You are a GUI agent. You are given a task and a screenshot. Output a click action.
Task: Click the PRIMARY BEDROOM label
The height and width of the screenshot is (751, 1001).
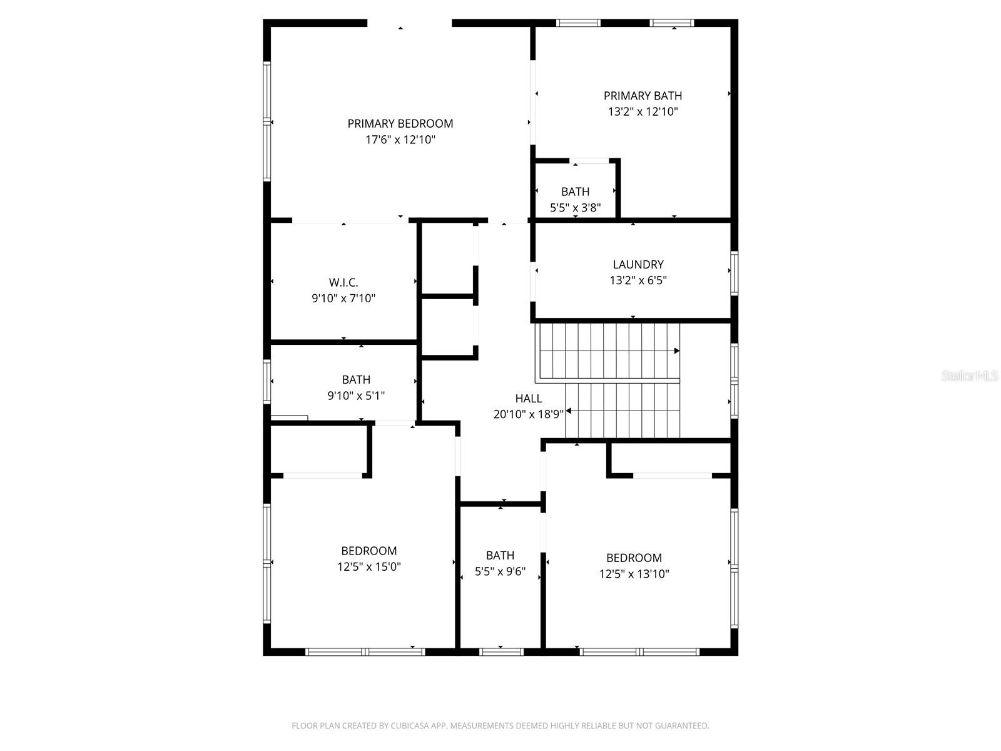point(400,123)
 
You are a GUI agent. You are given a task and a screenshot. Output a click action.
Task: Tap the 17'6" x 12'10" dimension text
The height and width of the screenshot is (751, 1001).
point(400,140)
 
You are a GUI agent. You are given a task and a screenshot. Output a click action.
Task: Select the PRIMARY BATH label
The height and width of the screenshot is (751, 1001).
point(643,96)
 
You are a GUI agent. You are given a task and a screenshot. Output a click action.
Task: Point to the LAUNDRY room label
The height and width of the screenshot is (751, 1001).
point(638,265)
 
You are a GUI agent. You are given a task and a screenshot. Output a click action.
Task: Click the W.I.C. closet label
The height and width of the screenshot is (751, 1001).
point(343,283)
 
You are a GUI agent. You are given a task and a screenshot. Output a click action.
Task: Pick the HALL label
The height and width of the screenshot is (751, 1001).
point(529,398)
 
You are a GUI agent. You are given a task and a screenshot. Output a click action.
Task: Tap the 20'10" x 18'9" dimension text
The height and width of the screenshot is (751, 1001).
point(529,414)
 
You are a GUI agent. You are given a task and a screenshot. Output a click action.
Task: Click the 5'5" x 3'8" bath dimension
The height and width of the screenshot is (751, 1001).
point(575,208)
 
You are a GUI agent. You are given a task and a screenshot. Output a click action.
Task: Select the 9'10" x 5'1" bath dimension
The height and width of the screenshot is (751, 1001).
point(356,396)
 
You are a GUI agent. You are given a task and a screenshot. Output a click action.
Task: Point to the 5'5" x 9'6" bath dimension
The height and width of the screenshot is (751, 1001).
point(500,571)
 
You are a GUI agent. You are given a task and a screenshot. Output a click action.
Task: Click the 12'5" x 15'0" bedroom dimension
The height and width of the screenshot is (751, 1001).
point(368,567)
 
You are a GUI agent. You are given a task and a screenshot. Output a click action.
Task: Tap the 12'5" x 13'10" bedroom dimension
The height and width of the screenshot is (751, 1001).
point(634,574)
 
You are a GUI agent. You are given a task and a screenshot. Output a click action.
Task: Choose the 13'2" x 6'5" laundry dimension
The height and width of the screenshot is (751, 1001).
point(638,280)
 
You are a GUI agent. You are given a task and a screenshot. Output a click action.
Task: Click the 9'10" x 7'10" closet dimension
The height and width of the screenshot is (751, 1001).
point(343,299)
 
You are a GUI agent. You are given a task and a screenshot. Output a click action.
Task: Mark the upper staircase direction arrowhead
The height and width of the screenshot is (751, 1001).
point(676,351)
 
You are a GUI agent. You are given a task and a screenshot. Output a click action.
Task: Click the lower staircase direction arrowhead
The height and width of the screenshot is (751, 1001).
point(569,411)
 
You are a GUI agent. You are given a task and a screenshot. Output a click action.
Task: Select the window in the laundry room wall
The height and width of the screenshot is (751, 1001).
point(734,273)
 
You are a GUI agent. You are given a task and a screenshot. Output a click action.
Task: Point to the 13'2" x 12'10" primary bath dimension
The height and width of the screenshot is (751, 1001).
point(643,112)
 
